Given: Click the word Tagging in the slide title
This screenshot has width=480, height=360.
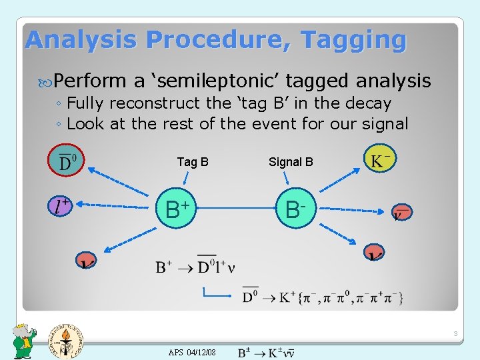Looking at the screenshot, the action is tap(353, 40).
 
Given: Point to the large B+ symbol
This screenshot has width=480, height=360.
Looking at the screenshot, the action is tap(177, 209).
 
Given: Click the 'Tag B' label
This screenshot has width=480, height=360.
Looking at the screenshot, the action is tap(193, 162).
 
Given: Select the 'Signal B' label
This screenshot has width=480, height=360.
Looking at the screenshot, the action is tap(291, 162).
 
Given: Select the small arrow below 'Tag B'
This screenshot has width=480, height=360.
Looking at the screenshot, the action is tap(189, 179).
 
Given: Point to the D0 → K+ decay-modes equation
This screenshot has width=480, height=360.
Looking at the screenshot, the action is tap(322, 295).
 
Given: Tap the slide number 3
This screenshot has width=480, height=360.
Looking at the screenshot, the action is tap(454, 333).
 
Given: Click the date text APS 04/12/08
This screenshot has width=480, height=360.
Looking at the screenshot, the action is tap(192, 351).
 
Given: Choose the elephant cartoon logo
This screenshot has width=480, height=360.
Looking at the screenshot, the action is tap(25, 341).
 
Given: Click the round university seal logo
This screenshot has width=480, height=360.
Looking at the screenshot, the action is tap(65, 339).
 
